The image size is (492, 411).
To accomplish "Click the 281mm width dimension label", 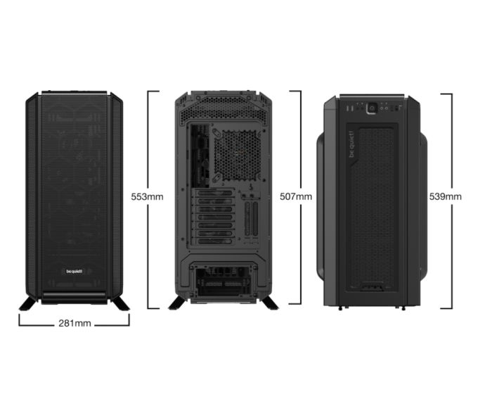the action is click(x=75, y=323).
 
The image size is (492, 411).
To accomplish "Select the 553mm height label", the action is click(x=147, y=196).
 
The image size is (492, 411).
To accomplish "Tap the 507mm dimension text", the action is click(x=296, y=196).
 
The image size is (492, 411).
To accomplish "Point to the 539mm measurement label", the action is click(x=445, y=196).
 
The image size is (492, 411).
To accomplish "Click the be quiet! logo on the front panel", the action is click(x=74, y=271).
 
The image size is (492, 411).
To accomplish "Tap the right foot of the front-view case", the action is click(x=119, y=303).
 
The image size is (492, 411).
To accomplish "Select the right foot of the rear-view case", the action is click(x=268, y=303).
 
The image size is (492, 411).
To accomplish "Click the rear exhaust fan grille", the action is click(x=238, y=156).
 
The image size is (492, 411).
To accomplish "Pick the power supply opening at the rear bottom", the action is click(x=224, y=281).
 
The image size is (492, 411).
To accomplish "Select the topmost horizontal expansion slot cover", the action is click(x=214, y=194).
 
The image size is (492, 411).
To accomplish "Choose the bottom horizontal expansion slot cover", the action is click(x=214, y=241).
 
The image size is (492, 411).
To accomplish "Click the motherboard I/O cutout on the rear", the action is click(x=200, y=156).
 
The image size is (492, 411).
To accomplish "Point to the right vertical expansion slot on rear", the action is click(x=255, y=219).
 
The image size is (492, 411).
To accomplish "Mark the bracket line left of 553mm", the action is click(x=148, y=200).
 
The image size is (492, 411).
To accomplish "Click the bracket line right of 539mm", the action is click(x=451, y=201).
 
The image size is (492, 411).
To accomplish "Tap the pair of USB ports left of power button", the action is click(x=349, y=108).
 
